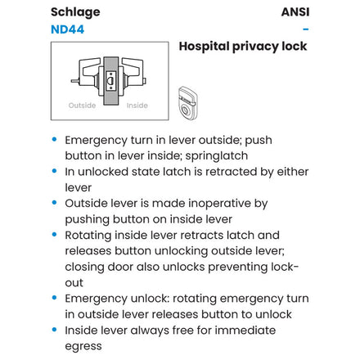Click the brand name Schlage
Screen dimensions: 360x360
pos(75,12)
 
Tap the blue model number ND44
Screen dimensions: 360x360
pos(67,29)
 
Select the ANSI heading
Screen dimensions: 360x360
pos(295,12)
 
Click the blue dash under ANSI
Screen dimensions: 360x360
pos(306,29)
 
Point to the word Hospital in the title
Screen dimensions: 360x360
pos(204,47)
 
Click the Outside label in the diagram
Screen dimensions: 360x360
pos(82,106)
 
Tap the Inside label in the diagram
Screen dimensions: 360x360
pos(137,106)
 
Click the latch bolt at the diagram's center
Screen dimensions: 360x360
pos(110,81)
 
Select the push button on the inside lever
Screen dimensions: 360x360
pos(145,81)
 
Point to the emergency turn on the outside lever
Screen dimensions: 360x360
pos(75,81)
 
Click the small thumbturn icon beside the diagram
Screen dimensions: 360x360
pos(187,103)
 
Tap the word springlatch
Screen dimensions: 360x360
pos(217,156)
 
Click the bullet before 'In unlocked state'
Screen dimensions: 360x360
pos(54,171)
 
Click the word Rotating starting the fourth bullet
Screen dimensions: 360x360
pos(88,236)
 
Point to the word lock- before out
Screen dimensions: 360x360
pos(285,267)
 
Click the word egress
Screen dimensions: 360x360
pos(83,347)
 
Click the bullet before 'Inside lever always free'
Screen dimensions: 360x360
pos(54,330)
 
